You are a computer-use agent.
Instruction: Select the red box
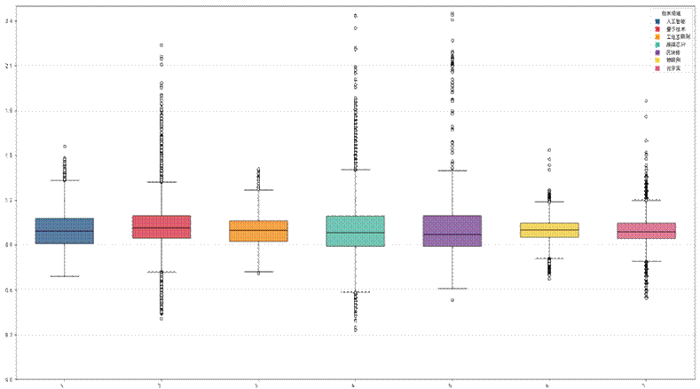pos(161,226)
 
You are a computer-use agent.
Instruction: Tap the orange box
pos(258,231)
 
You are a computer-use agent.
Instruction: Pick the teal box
pos(356,230)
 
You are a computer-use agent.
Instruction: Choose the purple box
pos(452,230)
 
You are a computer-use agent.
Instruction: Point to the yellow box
pos(549,230)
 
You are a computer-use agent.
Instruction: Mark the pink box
pos(646,230)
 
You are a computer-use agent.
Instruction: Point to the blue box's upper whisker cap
pos(64,180)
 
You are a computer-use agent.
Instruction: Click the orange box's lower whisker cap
pos(258,272)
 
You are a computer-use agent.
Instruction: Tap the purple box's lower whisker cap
pos(452,288)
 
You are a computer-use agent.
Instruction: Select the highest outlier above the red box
pos(161,44)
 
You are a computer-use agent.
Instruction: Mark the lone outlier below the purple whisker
pos(452,300)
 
